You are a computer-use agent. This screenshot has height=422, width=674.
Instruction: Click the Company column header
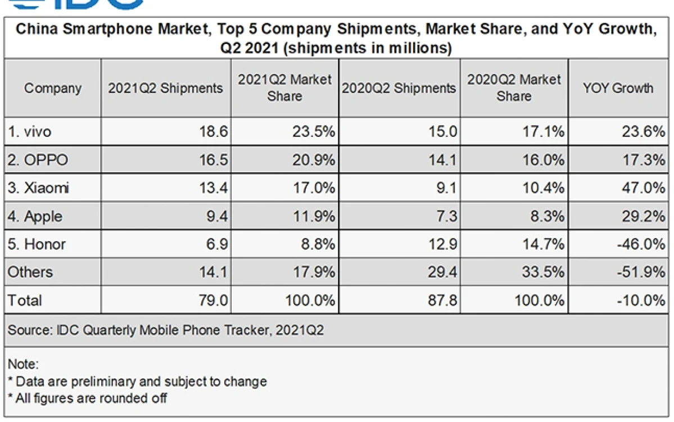pos(53,88)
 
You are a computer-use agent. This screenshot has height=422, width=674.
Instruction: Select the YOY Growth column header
pos(618,88)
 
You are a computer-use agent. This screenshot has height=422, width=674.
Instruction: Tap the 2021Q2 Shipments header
pos(165,88)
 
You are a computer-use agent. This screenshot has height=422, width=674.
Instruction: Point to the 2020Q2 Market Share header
pos(514,88)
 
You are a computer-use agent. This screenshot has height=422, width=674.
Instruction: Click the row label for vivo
pos(30,131)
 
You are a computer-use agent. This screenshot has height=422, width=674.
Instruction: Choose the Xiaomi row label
pos(38,188)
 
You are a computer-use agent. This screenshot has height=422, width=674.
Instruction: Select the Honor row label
pos(37,244)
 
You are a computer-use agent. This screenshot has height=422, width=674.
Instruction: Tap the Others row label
pos(30,272)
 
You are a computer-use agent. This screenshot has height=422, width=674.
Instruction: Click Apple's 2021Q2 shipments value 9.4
pos(217,216)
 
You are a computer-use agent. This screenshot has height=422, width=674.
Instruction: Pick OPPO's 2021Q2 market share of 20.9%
pos(314,160)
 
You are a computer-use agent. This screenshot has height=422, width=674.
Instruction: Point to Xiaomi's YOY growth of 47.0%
pos(644,188)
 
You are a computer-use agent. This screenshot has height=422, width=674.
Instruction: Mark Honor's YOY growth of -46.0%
pos(641,244)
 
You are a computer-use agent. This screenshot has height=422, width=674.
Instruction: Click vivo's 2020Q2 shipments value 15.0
pos(443,131)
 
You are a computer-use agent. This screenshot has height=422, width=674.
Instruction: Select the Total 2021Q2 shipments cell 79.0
pos(213,300)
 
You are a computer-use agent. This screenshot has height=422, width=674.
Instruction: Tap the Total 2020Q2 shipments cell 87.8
pos(443,300)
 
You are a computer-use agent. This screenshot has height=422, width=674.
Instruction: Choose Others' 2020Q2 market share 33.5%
pos(544,272)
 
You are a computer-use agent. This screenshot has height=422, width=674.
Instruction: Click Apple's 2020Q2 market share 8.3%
pos(547,216)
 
